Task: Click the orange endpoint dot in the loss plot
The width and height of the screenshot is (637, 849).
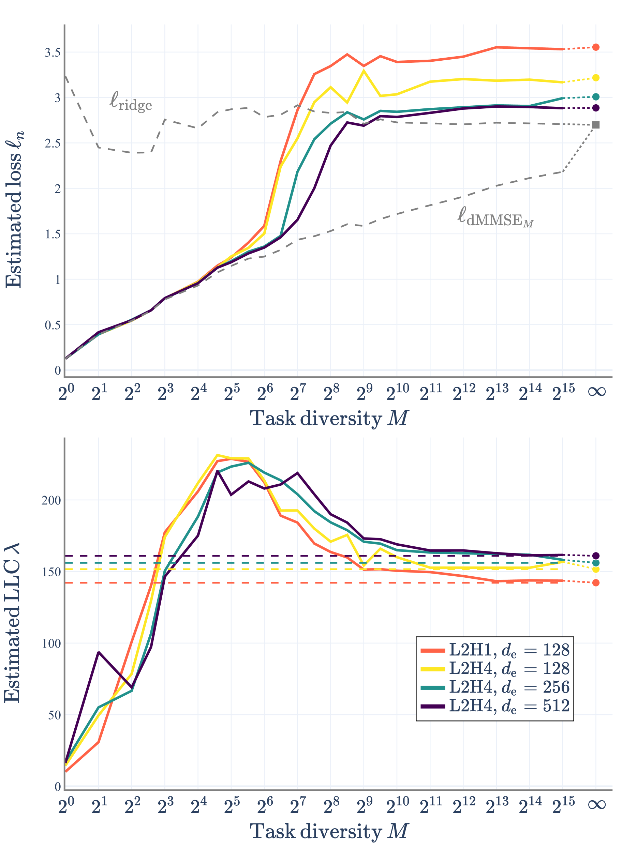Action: (595, 47)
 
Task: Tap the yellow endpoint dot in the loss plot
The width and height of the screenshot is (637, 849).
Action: (595, 78)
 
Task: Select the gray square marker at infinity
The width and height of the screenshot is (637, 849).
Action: (595, 125)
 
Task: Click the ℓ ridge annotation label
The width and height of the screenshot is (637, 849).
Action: (131, 102)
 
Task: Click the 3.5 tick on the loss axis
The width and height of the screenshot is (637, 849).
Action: (53, 52)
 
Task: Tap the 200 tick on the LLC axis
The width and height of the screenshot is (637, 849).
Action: (51, 500)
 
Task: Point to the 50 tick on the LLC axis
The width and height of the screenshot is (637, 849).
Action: (54, 715)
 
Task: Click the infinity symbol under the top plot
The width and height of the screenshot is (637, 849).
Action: (597, 392)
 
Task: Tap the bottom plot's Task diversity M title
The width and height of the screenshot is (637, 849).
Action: (329, 831)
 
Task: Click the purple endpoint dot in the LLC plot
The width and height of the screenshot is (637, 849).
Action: (595, 556)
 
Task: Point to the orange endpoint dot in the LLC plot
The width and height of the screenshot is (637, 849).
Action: (595, 582)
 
